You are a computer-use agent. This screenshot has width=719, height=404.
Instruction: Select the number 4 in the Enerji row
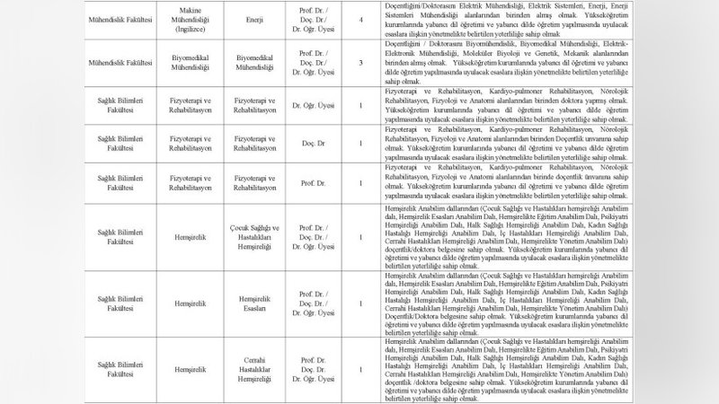(x=361, y=15)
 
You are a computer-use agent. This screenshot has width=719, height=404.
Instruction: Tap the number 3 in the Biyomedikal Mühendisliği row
(x=361, y=64)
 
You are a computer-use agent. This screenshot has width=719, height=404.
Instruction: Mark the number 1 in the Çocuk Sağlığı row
(x=361, y=236)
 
